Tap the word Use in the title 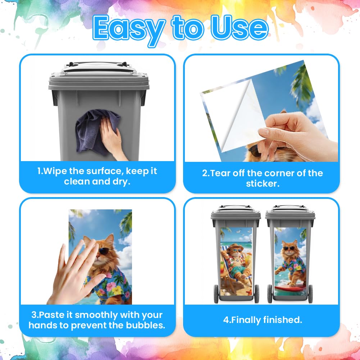(240, 28)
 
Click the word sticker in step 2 (263, 184)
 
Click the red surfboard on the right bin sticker (290, 288)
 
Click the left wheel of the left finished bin (216, 294)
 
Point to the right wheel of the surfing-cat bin (310, 294)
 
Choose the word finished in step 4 (283, 320)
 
